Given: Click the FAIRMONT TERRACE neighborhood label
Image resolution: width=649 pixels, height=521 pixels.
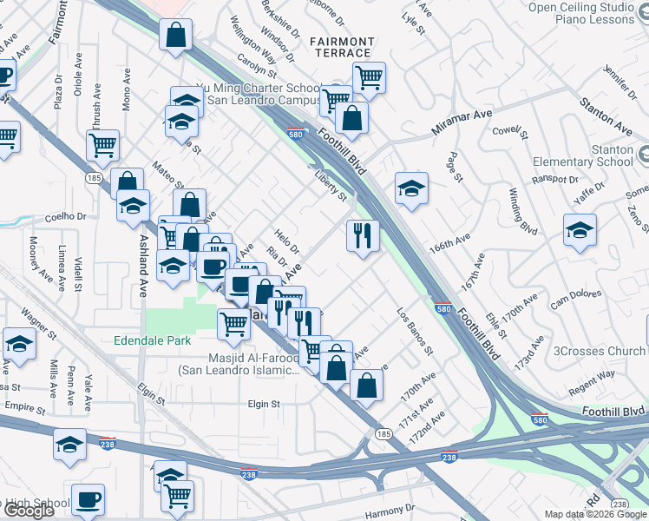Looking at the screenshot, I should (342, 47).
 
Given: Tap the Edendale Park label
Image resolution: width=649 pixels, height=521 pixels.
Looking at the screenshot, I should (153, 341).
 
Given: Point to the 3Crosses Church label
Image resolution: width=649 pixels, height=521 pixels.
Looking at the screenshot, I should (599, 351).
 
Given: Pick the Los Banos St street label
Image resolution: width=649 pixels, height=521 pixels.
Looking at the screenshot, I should (414, 331).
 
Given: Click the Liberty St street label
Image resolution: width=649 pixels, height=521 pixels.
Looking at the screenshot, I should (330, 186).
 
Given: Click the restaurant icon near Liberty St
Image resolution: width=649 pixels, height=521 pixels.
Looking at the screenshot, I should (362, 234).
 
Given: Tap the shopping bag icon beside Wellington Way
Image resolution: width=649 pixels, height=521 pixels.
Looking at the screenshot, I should (175, 36).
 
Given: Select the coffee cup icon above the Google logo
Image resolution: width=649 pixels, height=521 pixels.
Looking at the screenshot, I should (88, 499).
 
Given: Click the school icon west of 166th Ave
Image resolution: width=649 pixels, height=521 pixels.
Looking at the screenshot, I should (411, 187).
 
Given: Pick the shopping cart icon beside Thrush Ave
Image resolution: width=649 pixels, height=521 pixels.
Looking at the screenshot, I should (103, 145).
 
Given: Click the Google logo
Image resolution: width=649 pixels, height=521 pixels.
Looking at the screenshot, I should (29, 511).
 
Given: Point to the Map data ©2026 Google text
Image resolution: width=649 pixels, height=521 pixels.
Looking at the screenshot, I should (595, 514).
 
